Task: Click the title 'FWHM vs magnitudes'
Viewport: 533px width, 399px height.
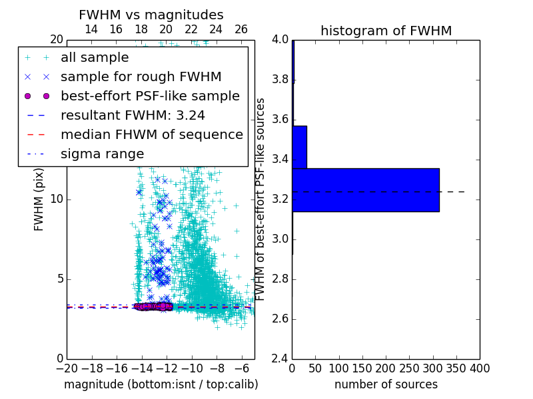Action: tap(151, 15)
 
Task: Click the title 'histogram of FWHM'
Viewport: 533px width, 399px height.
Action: tap(386, 31)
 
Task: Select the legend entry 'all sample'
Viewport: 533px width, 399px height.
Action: tap(95, 58)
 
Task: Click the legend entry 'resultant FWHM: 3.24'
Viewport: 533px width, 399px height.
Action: tap(133, 115)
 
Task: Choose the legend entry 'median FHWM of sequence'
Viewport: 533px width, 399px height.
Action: tap(151, 134)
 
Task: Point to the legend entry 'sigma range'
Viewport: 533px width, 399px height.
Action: tap(102, 154)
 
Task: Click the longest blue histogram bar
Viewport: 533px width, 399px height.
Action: tap(365, 190)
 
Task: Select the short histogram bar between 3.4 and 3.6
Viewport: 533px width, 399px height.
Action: tap(299, 147)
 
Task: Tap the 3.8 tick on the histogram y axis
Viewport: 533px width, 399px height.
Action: tap(280, 80)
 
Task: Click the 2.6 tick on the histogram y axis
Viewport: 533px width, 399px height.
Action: tap(280, 319)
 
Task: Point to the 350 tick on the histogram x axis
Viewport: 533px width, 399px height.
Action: tap(456, 368)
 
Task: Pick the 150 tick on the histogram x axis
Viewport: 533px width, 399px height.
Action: tap(362, 368)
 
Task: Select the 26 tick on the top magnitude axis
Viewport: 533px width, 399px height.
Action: tap(241, 29)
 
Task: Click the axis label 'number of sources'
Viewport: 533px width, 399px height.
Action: tap(386, 384)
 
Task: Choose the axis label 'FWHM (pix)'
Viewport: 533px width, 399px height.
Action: tap(39, 199)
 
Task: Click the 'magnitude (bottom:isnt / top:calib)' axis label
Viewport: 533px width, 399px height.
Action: tap(161, 384)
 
